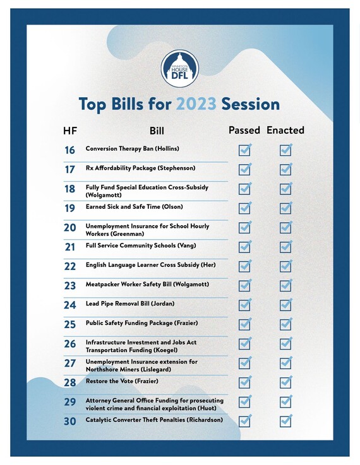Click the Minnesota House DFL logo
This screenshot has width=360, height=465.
179,68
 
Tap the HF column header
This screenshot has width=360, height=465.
70,131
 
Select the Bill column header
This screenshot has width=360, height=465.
157,131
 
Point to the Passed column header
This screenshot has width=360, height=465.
244,131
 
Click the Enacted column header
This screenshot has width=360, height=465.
285,131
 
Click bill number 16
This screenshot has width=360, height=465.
70,150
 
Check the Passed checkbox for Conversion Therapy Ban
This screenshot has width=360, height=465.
244,150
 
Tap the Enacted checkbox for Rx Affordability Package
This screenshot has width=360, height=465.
285,169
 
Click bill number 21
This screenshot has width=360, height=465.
70,247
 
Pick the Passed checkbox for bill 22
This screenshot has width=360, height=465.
244,266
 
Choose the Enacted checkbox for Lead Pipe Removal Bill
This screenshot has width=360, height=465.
285,305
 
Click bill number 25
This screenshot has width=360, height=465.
70,324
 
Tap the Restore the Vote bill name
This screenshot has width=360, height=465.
122,381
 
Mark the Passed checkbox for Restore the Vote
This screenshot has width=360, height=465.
244,382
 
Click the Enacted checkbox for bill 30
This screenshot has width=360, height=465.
285,421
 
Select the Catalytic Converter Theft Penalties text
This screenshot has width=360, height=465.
154,420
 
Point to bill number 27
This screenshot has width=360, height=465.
70,363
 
